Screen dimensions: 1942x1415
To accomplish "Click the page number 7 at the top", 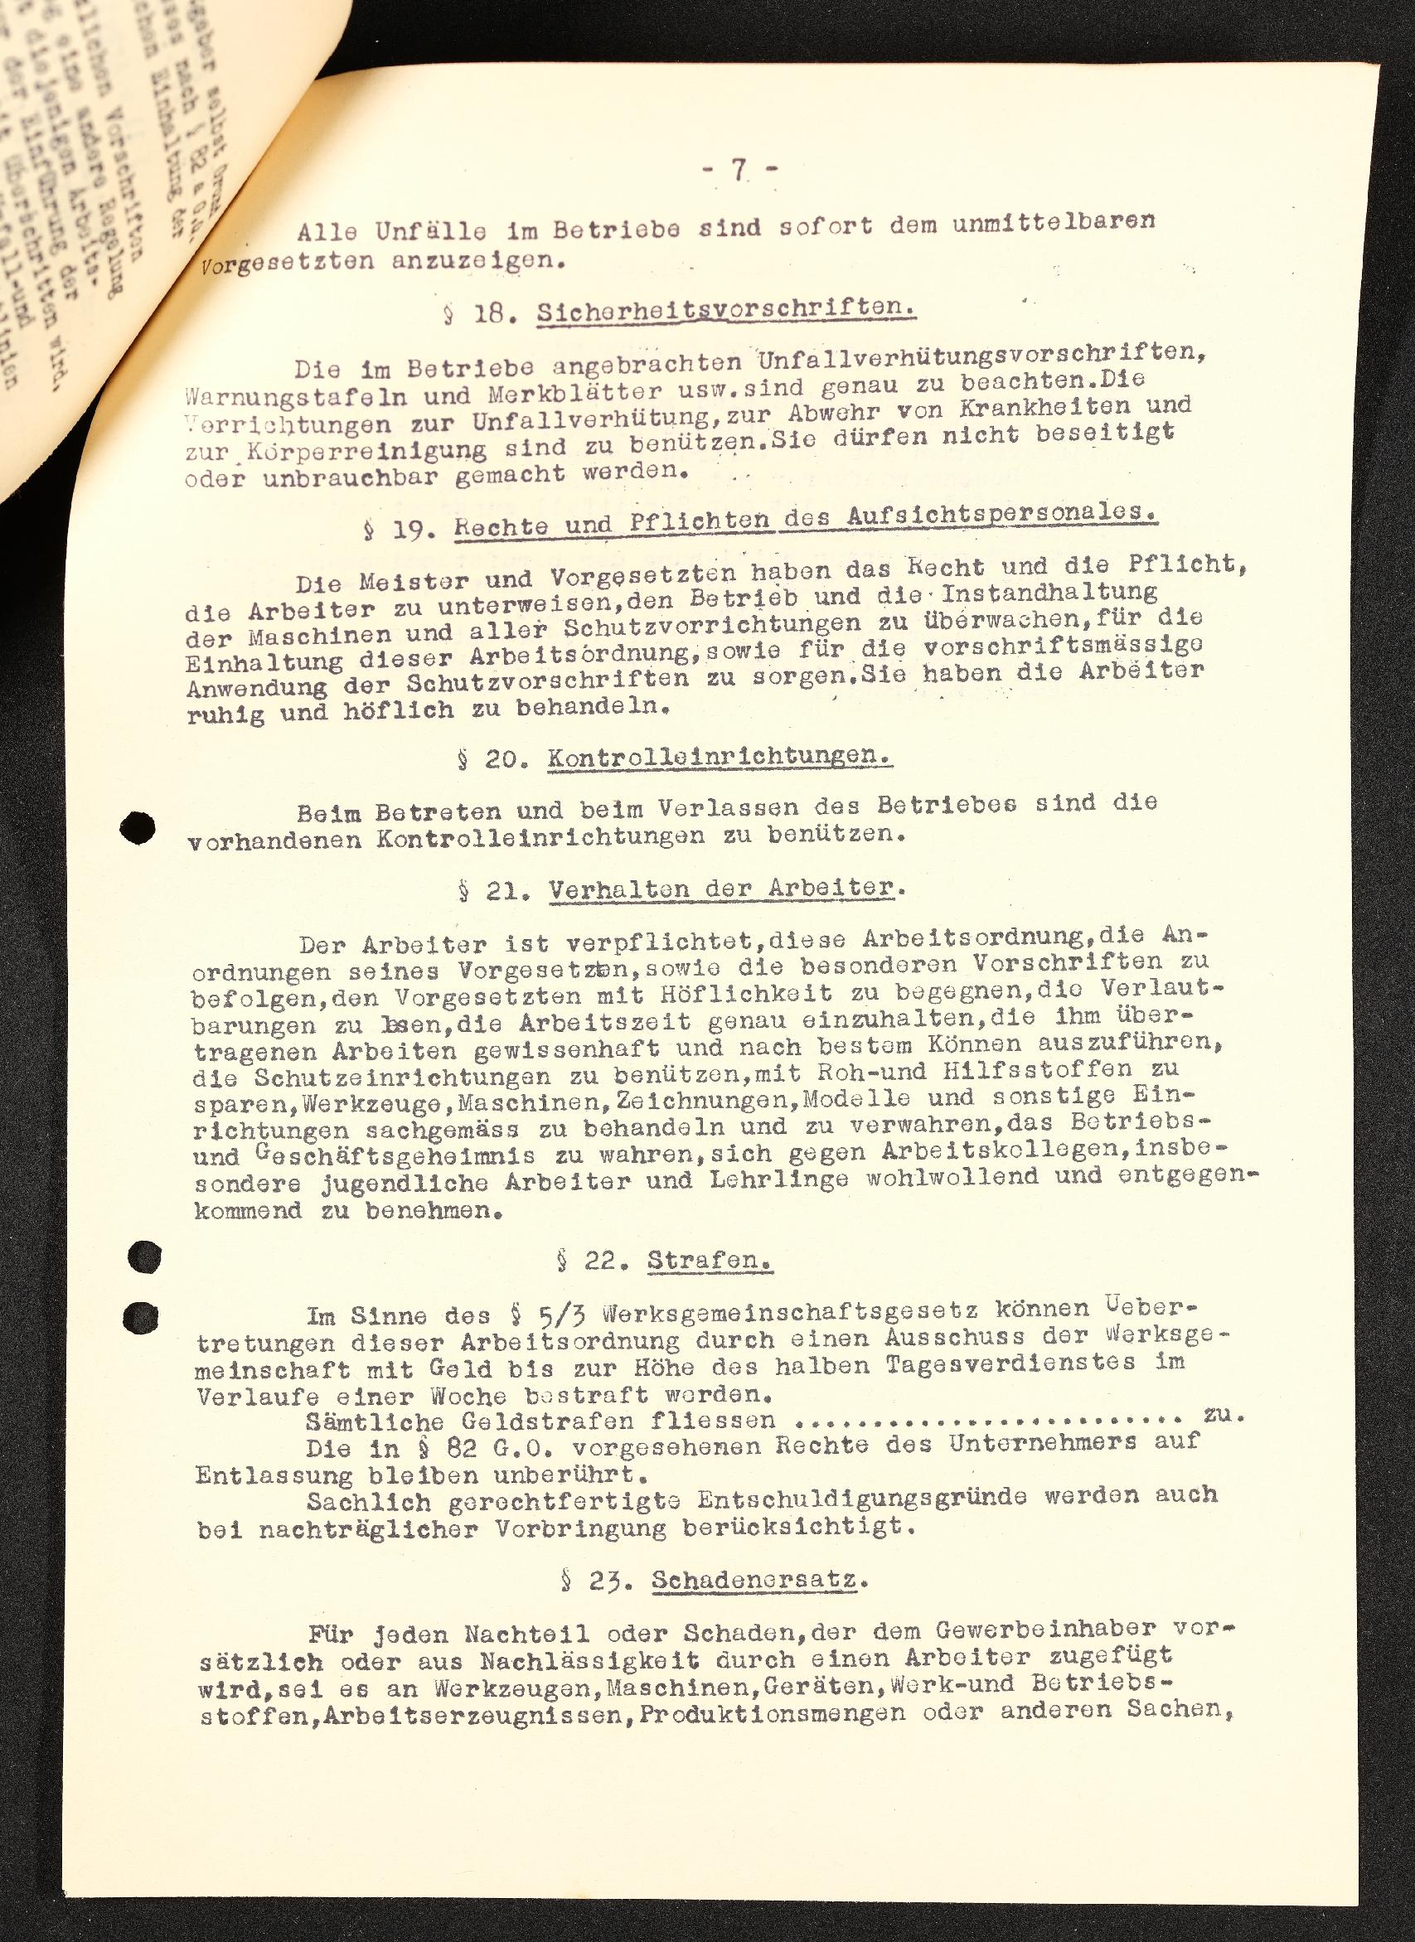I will click(739, 171).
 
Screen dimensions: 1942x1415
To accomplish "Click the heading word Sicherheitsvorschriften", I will click(726, 310).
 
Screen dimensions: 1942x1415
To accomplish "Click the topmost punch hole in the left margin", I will click(138, 827).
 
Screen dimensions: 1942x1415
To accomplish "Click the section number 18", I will click(491, 314).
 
